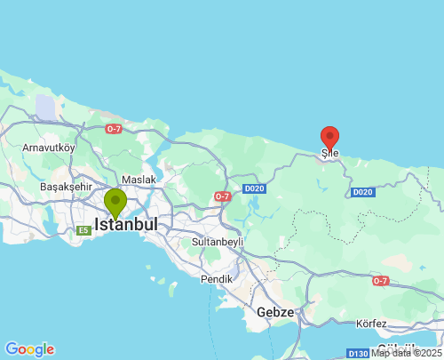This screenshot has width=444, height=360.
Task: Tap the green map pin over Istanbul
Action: [x=115, y=203]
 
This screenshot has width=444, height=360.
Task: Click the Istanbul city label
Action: [x=126, y=225]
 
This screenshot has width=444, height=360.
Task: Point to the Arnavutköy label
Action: [x=50, y=147]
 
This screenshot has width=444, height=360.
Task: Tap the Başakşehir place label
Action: [x=66, y=188]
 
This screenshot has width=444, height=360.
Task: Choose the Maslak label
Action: [x=139, y=180]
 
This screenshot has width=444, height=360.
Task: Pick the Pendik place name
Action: [x=216, y=278]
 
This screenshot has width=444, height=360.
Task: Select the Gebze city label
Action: [x=274, y=312]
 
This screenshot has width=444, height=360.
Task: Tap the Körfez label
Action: [x=370, y=323]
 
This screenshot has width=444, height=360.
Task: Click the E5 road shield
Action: [x=83, y=231]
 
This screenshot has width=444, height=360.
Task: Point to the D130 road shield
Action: [x=359, y=353]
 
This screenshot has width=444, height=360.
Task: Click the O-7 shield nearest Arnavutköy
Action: [x=114, y=129]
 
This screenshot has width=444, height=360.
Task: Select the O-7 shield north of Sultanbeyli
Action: [x=222, y=196]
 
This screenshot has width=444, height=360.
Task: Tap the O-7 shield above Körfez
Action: [x=380, y=281]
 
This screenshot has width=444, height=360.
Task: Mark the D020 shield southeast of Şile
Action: [x=362, y=192]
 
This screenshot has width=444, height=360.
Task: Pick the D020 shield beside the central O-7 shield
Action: [x=254, y=188]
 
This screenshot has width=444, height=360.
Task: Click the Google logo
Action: [x=29, y=349]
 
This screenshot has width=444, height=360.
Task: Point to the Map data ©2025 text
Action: [x=406, y=353]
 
